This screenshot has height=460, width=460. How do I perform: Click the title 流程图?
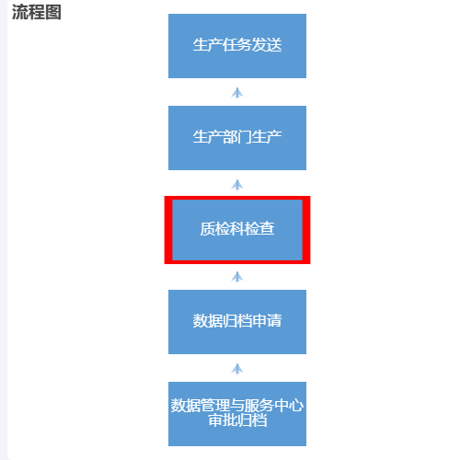tap(37, 13)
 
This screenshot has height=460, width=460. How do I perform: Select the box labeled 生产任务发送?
tap(237, 46)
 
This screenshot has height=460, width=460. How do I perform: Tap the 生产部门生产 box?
tap(237, 138)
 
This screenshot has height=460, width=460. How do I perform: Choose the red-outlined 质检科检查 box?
tap(237, 230)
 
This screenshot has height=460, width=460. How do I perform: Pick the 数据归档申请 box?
tap(237, 322)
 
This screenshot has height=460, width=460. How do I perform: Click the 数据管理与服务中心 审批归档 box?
tap(237, 414)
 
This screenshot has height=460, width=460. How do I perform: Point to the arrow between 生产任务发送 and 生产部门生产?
tap(237, 93)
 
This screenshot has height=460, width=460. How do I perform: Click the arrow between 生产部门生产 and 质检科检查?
tap(237, 185)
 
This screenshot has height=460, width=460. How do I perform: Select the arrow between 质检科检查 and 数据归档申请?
tap(237, 277)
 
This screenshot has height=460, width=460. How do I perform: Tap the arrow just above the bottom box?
tap(237, 369)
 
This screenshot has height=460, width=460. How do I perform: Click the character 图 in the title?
tap(53, 13)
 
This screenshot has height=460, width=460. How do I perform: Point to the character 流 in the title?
tap(20, 13)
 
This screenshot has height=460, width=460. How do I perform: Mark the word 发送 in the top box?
tap(267, 45)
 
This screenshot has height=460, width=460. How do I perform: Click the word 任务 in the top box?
tap(237, 45)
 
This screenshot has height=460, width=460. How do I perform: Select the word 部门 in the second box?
tap(237, 137)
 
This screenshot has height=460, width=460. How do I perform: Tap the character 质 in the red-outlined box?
tap(208, 229)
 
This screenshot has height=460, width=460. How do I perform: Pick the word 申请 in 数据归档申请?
tap(267, 321)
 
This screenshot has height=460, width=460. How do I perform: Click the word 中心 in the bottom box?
tap(289, 406)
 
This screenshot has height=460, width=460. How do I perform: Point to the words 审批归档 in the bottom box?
tap(237, 420)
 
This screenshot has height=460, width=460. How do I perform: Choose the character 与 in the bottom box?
tap(237, 406)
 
